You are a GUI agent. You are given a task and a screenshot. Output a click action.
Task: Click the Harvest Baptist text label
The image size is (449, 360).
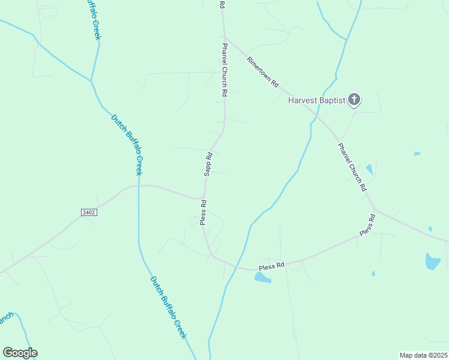pos(316,100)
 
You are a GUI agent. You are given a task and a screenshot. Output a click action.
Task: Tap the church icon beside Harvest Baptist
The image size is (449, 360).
pos(354,100)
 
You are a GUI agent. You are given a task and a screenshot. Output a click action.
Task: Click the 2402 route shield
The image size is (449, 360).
pos(88,212)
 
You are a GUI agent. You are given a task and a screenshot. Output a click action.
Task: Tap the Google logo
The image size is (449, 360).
pos(20,353)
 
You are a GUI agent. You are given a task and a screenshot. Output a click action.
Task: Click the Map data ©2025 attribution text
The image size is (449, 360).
pos(424,355)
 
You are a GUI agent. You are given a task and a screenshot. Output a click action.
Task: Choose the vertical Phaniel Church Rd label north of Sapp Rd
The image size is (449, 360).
pos(224,70)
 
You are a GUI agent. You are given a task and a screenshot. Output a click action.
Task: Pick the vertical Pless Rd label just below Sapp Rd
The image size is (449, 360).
pos(203,212)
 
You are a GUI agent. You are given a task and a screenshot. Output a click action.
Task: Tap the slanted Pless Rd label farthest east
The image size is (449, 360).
pos(367,224)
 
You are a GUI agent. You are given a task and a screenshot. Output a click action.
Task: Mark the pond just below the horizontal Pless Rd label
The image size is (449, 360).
pos(262,277)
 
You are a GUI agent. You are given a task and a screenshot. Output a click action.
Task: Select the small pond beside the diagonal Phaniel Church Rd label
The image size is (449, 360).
pos(369,170)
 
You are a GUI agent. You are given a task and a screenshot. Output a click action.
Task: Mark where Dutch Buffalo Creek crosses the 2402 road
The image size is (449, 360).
pos(139,185)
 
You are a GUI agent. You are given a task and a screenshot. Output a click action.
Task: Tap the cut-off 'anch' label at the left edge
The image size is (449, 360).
pos(5,319)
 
